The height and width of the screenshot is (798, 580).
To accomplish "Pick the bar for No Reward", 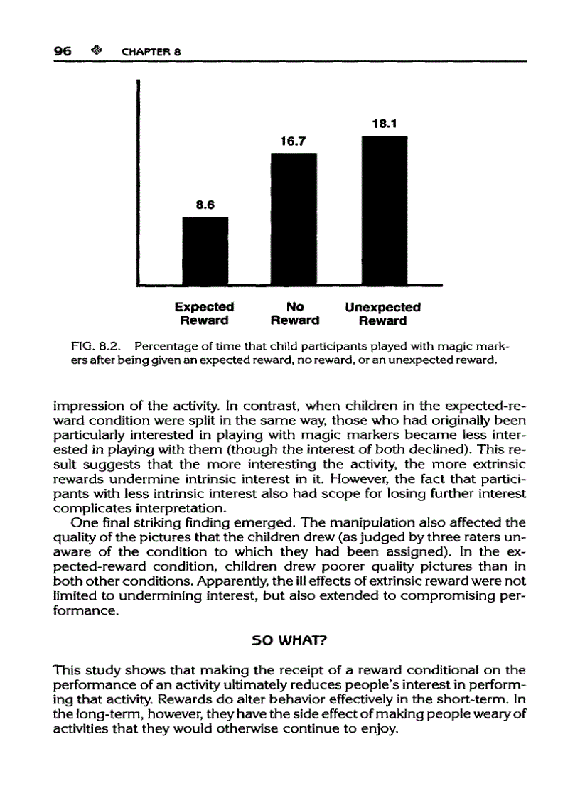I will coord(294,218).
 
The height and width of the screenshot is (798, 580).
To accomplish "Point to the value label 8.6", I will coord(205,204).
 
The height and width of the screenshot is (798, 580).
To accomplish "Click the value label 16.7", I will coord(293,141).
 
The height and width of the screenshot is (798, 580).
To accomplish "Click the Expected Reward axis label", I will coord(205,313).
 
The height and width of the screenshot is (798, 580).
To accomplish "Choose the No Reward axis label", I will coord(294,313).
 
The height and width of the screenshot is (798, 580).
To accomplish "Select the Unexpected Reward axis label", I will coord(382,313).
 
